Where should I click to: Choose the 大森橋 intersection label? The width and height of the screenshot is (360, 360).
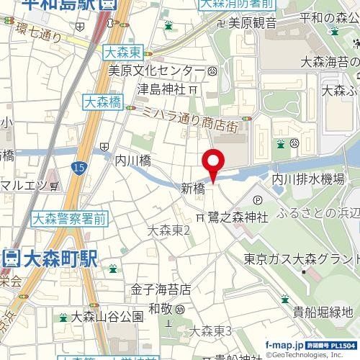click(x=101, y=103)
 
